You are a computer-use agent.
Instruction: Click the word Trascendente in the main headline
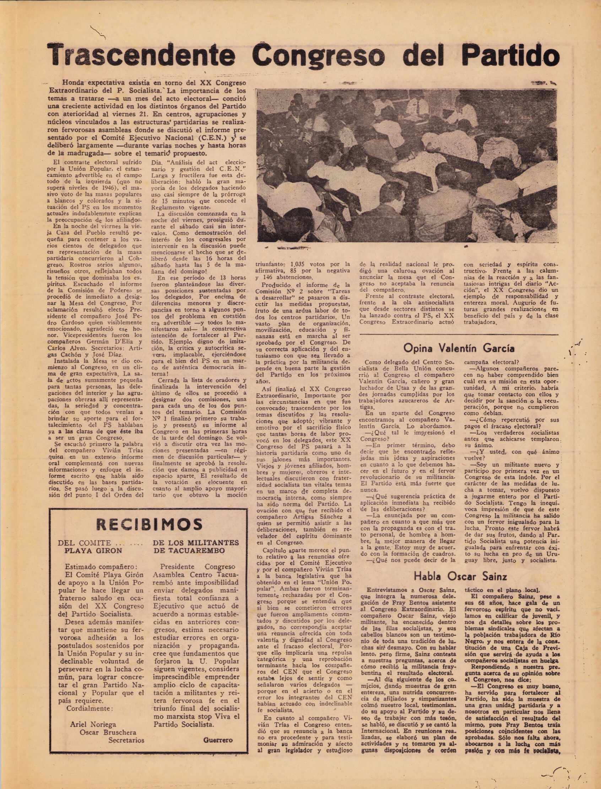coord(141,55)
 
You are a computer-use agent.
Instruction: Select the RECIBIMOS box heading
coord(149,524)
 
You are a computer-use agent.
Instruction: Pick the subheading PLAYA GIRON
coord(93,550)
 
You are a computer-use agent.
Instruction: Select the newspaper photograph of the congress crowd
coord(407,165)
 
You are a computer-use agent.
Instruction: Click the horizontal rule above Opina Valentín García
coord(459,334)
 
